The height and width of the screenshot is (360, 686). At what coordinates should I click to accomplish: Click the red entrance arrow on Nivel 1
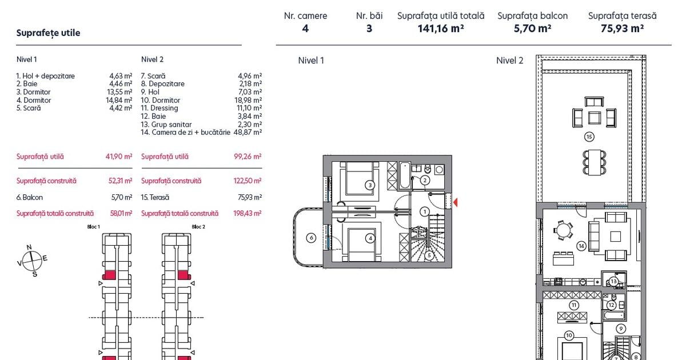[x=456, y=202]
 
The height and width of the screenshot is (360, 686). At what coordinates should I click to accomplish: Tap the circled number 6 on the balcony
[x=311, y=238]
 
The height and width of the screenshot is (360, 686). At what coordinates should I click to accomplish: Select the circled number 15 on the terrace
[x=589, y=137]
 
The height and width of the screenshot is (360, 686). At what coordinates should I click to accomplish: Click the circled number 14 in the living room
[x=581, y=246]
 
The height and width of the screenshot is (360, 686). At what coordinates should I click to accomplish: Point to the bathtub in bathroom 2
[x=405, y=175]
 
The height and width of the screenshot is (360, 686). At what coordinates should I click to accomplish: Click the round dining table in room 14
[x=563, y=230]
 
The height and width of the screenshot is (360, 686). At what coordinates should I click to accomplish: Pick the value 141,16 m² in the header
[x=441, y=29]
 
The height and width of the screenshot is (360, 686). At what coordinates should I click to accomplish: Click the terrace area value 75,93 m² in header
[x=622, y=29]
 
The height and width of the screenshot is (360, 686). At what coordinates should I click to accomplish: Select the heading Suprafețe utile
[x=48, y=33]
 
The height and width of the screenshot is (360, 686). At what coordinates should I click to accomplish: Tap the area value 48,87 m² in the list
[x=248, y=132]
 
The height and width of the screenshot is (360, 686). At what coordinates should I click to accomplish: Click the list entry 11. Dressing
[x=159, y=108]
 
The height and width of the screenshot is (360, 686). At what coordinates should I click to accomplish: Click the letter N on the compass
[x=29, y=247]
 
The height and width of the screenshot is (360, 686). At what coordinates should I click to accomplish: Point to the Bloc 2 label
[x=198, y=227]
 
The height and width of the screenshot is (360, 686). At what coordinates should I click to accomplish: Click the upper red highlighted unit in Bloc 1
[x=109, y=275]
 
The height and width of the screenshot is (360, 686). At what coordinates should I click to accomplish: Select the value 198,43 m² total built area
[x=247, y=213]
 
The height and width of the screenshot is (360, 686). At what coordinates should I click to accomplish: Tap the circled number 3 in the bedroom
[x=370, y=185]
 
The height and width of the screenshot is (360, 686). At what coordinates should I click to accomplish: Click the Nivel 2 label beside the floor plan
[x=509, y=61]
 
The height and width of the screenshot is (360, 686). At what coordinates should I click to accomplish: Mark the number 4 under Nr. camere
[x=305, y=29]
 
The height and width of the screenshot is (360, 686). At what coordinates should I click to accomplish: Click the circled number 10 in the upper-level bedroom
[x=569, y=335]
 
